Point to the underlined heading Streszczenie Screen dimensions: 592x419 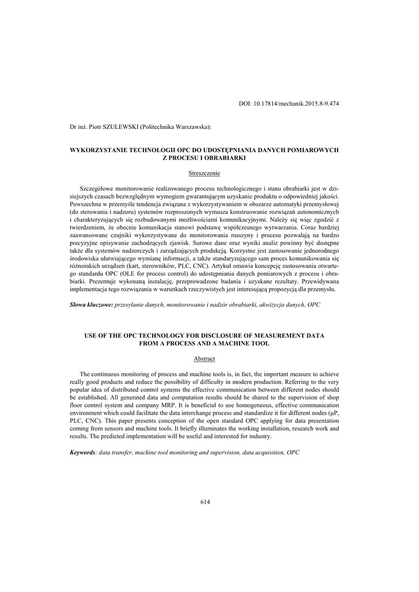[204, 173]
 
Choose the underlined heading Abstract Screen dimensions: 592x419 [204, 358]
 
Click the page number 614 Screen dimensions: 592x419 [205, 502]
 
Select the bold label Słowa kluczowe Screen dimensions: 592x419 [91, 304]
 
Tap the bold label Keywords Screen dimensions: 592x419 [82, 452]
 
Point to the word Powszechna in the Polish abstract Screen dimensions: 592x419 [87, 205]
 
